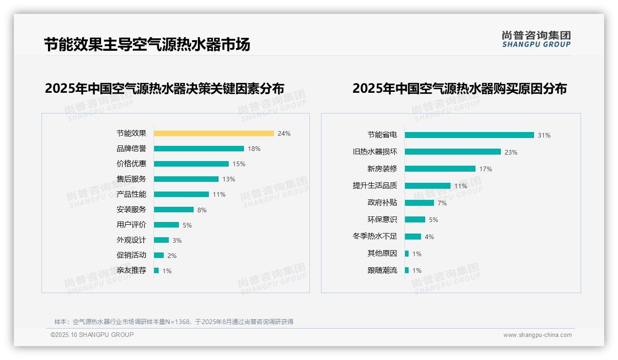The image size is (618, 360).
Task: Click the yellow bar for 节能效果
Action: click(x=214, y=133)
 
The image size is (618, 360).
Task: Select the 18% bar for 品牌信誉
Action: click(x=199, y=149)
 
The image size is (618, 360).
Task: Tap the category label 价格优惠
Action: click(x=131, y=164)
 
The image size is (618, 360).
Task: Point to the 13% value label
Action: click(x=229, y=179)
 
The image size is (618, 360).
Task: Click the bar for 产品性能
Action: click(x=181, y=194)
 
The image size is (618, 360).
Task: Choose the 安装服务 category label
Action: click(x=131, y=210)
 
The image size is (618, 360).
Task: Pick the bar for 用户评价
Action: click(x=166, y=225)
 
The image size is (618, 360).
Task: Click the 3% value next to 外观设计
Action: click(x=177, y=240)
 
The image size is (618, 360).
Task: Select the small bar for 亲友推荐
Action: click(x=156, y=270)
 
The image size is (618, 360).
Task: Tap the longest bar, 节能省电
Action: click(x=469, y=135)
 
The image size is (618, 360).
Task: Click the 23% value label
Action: click(x=511, y=152)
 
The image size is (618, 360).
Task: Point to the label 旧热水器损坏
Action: click(x=374, y=152)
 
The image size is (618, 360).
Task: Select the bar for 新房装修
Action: click(x=440, y=169)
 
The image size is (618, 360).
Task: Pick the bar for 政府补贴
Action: click(x=419, y=203)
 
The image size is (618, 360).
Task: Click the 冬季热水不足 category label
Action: click(x=374, y=236)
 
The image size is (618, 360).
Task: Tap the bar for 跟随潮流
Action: click(x=407, y=270)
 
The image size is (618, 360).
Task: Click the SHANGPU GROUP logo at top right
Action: click(x=536, y=39)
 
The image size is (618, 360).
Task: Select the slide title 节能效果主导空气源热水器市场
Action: click(x=147, y=45)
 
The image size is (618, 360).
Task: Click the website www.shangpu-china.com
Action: click(x=537, y=335)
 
